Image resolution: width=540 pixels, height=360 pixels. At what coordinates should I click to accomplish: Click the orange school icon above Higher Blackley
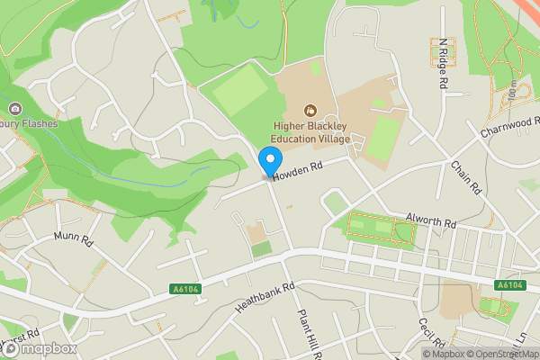coord(310,111)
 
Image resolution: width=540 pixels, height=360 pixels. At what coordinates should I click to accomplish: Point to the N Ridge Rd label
coord(443,63)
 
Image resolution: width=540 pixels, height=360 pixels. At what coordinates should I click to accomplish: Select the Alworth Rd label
coord(432,219)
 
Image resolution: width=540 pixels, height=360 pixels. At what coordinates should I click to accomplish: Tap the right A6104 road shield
coord(509,285)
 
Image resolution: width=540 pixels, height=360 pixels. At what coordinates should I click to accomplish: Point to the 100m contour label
coord(512,91)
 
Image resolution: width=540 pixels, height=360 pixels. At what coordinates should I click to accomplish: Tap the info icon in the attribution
coord(430,354)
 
